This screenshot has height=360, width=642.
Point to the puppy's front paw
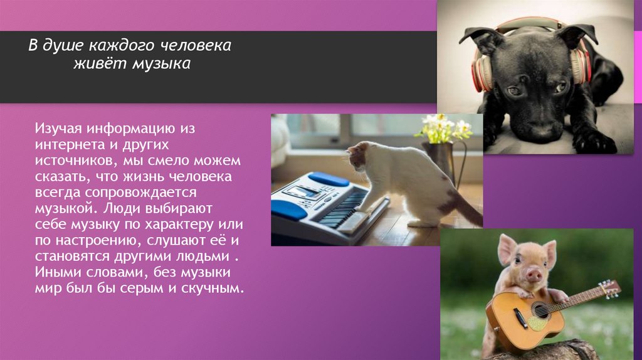(x=592, y=142)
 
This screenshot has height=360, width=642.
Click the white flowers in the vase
(x=446, y=128)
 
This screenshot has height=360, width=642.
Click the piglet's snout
(x=534, y=274)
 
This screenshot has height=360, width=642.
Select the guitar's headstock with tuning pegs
(x=609, y=289)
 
